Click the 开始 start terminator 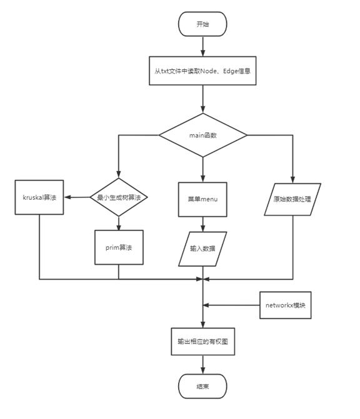202,24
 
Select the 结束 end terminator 202,386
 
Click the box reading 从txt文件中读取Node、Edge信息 202,71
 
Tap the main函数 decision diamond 202,135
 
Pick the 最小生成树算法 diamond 119,198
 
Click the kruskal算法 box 39,198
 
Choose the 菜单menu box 202,199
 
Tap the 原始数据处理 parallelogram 292,199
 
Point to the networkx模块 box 284,305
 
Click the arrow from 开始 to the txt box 202,45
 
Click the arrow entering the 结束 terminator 202,366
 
